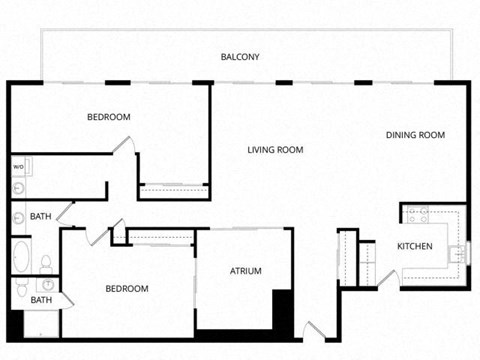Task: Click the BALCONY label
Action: tap(240, 57)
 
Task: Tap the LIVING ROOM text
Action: tap(275, 150)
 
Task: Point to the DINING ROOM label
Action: tap(415, 135)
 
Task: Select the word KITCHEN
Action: tap(415, 247)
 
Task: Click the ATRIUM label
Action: tap(245, 271)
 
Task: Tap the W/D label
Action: tap(18, 166)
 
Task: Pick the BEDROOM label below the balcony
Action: tap(109, 117)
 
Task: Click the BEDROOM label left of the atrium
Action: tap(127, 289)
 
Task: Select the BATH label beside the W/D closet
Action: tap(41, 216)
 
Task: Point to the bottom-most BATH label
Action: tap(41, 299)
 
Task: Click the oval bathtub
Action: tap(21, 256)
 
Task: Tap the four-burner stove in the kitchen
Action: tap(417, 214)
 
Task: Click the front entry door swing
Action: tap(312, 330)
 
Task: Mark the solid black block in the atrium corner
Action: tap(282, 310)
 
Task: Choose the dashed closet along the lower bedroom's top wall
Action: tap(160, 236)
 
